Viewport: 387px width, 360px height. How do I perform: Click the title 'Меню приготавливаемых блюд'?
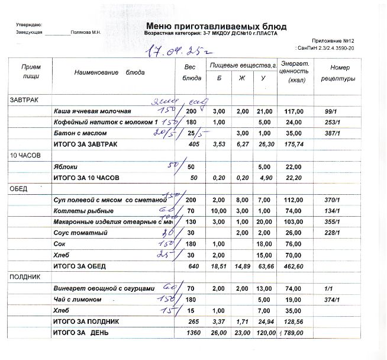(215, 27)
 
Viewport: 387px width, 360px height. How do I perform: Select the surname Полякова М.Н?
(85, 33)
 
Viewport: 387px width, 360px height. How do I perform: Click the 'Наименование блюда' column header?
(110, 72)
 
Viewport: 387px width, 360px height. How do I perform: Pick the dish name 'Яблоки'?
(64, 166)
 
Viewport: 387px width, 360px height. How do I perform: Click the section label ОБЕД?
(18, 188)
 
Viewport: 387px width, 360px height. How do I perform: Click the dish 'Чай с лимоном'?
(78, 300)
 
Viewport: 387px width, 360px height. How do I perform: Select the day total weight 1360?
(192, 333)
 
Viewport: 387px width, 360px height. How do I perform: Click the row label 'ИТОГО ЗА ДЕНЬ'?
(83, 333)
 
